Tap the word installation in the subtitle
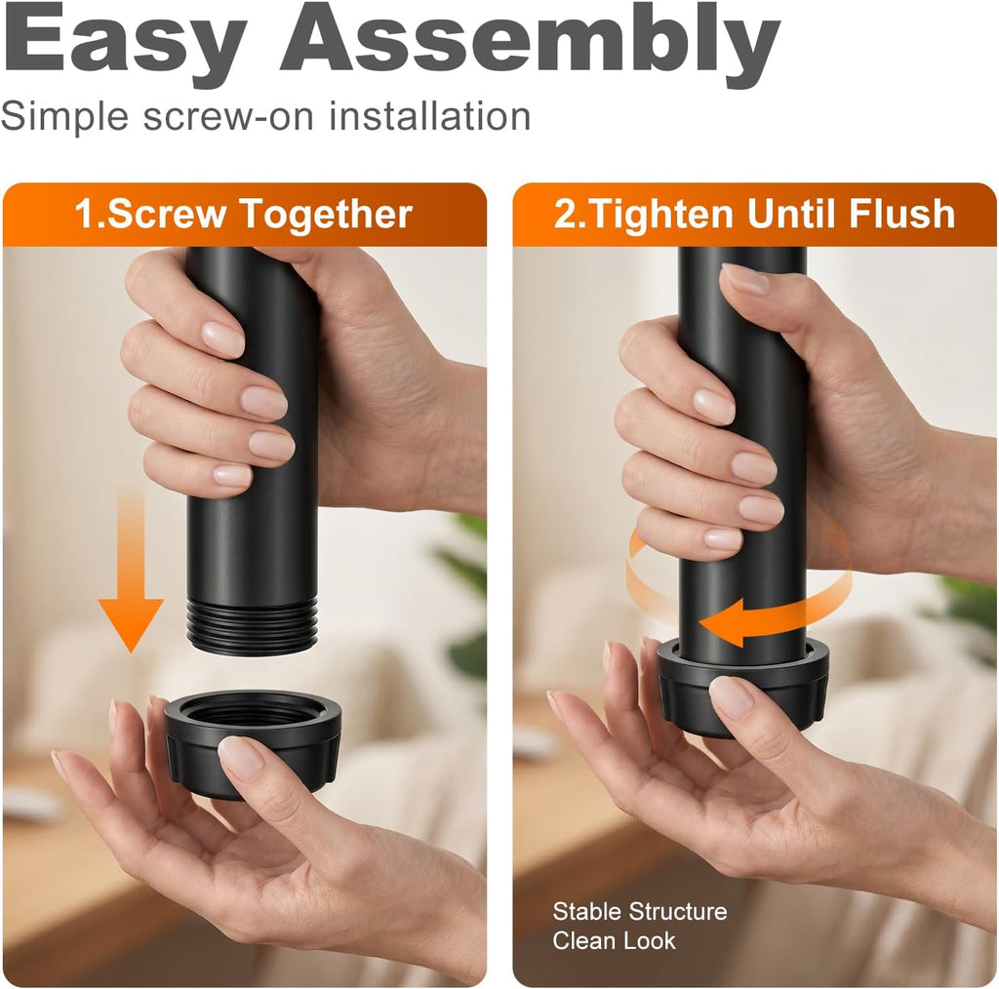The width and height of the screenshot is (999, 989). [x=430, y=116]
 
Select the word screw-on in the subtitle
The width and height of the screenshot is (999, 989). [x=228, y=117]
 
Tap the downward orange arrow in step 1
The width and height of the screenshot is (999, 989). [x=131, y=572]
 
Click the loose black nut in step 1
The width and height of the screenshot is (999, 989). [x=253, y=742]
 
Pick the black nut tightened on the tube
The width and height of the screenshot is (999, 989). [x=742, y=687]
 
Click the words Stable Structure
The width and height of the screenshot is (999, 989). [x=640, y=911]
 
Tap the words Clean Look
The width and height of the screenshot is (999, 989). [x=614, y=940]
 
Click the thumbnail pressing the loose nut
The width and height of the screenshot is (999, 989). [x=240, y=758]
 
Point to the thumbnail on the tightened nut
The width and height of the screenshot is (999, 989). [x=732, y=696]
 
